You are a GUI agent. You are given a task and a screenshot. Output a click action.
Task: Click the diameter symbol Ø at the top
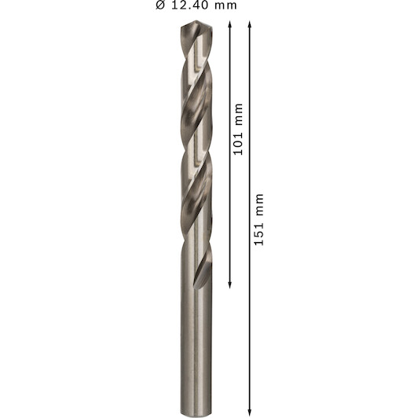(x=160, y=5)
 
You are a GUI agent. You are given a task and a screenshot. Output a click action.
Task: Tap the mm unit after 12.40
(x=225, y=5)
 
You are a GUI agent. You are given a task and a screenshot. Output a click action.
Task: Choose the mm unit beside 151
(x=259, y=205)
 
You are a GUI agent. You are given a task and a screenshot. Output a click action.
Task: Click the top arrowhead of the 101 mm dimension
(x=229, y=24)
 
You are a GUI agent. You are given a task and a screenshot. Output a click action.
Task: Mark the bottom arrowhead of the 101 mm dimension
(x=229, y=286)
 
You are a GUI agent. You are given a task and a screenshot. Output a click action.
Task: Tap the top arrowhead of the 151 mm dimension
(x=250, y=24)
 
